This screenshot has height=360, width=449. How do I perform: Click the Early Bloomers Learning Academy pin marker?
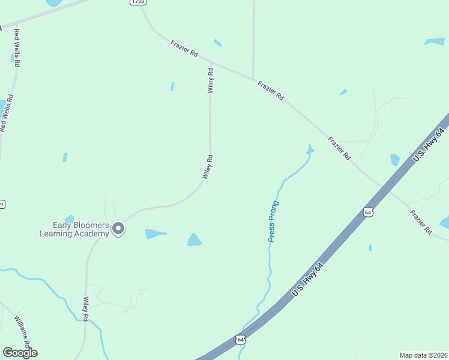119,228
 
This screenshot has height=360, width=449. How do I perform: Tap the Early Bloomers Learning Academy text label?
74,229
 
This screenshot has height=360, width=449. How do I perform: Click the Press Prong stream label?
274,221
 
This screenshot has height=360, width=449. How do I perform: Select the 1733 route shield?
137,2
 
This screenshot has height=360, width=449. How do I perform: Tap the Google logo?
20,353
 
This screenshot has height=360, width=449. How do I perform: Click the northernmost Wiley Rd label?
211,80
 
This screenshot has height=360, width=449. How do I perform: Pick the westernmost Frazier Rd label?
184,49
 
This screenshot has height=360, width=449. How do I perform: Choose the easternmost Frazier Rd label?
420,221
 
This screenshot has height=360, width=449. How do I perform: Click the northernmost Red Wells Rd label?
17,47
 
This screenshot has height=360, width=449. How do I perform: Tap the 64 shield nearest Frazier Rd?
369,212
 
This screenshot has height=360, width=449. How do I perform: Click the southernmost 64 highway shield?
240,340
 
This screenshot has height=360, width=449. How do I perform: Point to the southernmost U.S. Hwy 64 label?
308,278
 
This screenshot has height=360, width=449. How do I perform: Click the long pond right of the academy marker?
155,233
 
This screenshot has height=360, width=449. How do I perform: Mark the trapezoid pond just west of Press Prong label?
194,240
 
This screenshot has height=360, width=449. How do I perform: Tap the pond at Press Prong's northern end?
310,149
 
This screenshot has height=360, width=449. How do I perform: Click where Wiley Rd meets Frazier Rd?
211,62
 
